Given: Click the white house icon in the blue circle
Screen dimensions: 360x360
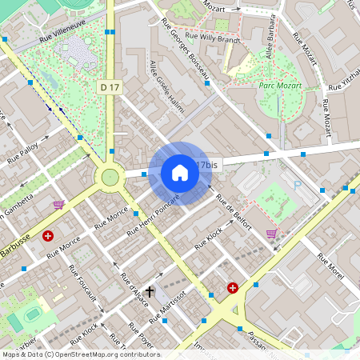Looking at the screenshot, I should tap(180, 173).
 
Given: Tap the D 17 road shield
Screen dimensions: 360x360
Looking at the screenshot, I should tap(110, 86).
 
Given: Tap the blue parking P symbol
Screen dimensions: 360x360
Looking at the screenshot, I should tap(298, 185).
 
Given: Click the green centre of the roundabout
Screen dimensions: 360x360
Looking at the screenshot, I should tap(107, 177).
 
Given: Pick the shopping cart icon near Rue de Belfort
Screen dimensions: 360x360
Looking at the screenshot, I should tap(271, 234).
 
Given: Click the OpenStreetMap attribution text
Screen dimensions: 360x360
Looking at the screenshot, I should tap(80, 354).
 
